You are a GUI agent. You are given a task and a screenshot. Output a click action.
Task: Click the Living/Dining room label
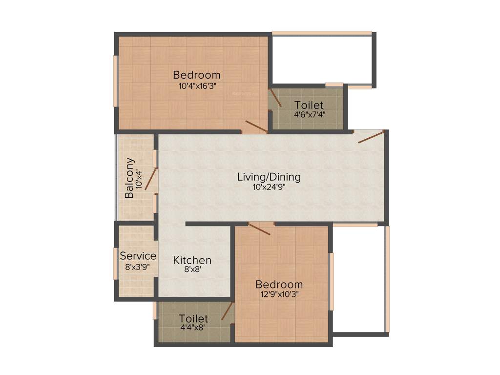(x=269, y=177)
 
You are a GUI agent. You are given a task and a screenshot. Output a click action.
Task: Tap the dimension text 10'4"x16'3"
(x=197, y=85)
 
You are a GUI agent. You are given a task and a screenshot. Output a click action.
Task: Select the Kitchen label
(x=192, y=260)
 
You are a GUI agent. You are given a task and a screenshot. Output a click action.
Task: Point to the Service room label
(x=138, y=256)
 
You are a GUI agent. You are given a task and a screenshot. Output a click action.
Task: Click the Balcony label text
(x=129, y=178)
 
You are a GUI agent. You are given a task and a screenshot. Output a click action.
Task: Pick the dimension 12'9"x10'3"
(x=279, y=294)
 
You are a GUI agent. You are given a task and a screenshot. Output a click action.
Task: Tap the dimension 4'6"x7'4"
(x=309, y=115)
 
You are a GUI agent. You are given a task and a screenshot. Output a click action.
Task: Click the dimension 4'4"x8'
(x=193, y=328)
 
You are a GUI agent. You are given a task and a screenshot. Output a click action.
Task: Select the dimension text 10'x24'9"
(x=269, y=187)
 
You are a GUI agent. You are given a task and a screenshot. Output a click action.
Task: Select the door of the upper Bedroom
(x=255, y=126)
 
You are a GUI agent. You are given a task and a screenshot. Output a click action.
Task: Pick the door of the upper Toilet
(x=276, y=98)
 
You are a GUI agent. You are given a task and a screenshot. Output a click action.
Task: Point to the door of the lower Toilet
(x=227, y=311)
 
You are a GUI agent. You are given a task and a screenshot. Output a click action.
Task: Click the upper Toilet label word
(x=309, y=105)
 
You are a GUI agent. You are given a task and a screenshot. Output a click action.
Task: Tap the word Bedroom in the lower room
(x=279, y=284)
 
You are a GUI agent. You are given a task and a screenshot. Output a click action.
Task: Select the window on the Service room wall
(x=115, y=264)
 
